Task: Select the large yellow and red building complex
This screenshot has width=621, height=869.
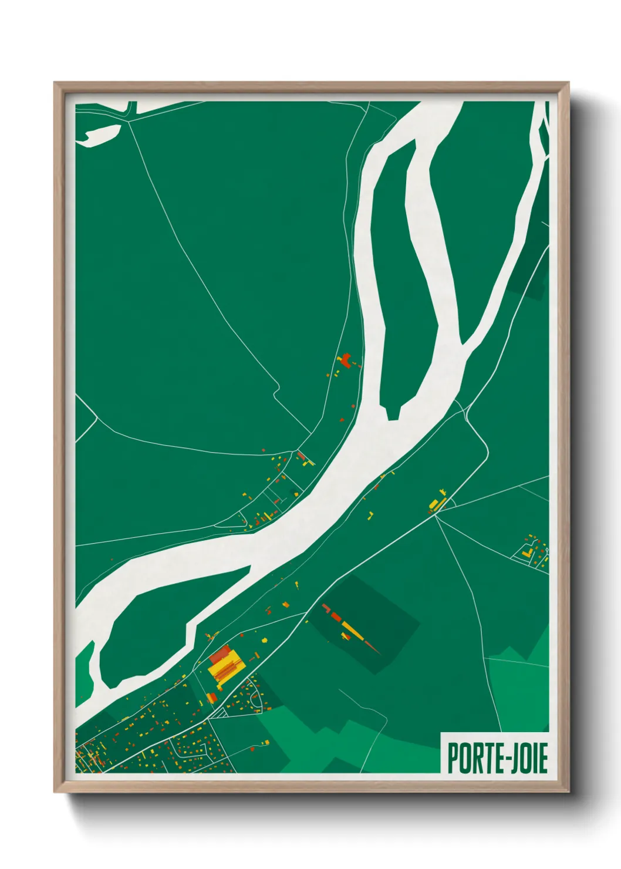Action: click(x=224, y=665)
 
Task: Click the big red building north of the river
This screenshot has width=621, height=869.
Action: click(x=346, y=360)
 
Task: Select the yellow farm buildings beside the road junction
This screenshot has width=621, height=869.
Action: click(x=436, y=504)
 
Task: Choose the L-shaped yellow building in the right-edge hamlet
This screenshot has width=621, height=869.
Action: click(x=528, y=553)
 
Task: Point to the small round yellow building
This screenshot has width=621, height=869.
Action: click(x=264, y=640)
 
